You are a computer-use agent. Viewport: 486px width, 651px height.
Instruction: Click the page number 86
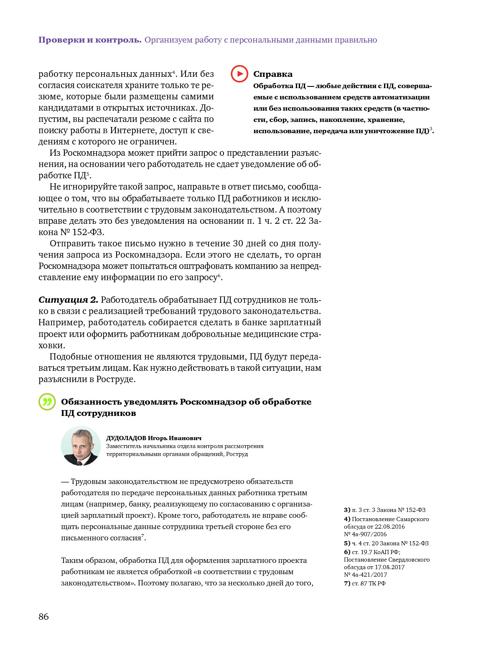43,617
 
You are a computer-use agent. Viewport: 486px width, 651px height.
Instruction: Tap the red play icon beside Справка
239,74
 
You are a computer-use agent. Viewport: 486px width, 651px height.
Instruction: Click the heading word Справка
273,74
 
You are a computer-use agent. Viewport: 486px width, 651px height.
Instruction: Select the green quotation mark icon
47,402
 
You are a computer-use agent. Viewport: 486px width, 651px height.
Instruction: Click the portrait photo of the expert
81,446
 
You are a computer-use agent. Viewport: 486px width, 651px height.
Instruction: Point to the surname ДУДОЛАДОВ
126,438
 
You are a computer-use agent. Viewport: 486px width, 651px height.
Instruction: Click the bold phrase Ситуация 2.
68,300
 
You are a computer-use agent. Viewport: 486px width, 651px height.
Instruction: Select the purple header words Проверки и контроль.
90,40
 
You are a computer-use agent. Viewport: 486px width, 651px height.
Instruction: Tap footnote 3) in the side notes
347,510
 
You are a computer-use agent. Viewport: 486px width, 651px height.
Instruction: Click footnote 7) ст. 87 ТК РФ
364,583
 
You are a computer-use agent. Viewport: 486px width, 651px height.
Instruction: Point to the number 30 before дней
238,243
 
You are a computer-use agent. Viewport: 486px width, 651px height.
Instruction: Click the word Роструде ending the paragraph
115,379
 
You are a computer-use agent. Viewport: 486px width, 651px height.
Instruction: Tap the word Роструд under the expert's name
237,454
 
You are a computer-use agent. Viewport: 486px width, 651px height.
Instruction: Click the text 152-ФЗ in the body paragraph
88,232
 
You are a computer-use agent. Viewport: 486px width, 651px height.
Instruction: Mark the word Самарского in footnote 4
412,519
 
